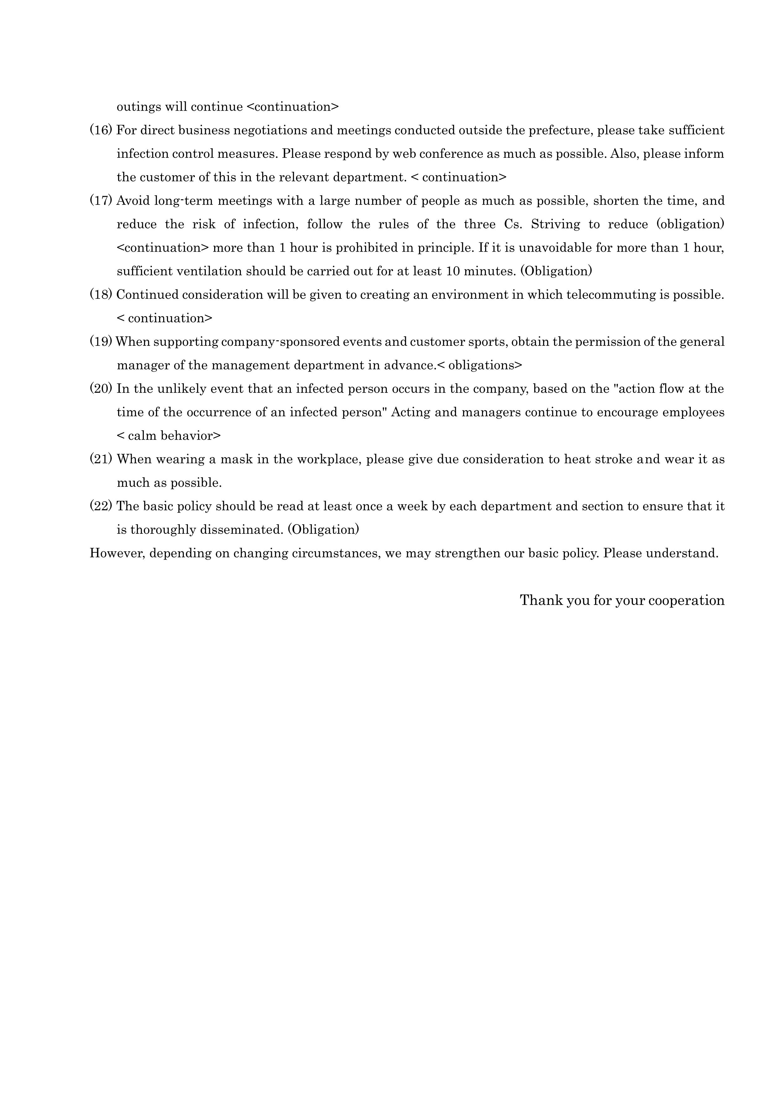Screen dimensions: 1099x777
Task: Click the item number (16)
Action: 101,130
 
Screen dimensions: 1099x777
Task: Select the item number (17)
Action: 101,201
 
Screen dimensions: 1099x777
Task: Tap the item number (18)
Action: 101,294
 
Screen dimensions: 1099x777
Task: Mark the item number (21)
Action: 101,459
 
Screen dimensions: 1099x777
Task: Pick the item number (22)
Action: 101,506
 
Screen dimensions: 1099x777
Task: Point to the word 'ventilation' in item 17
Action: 210,271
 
